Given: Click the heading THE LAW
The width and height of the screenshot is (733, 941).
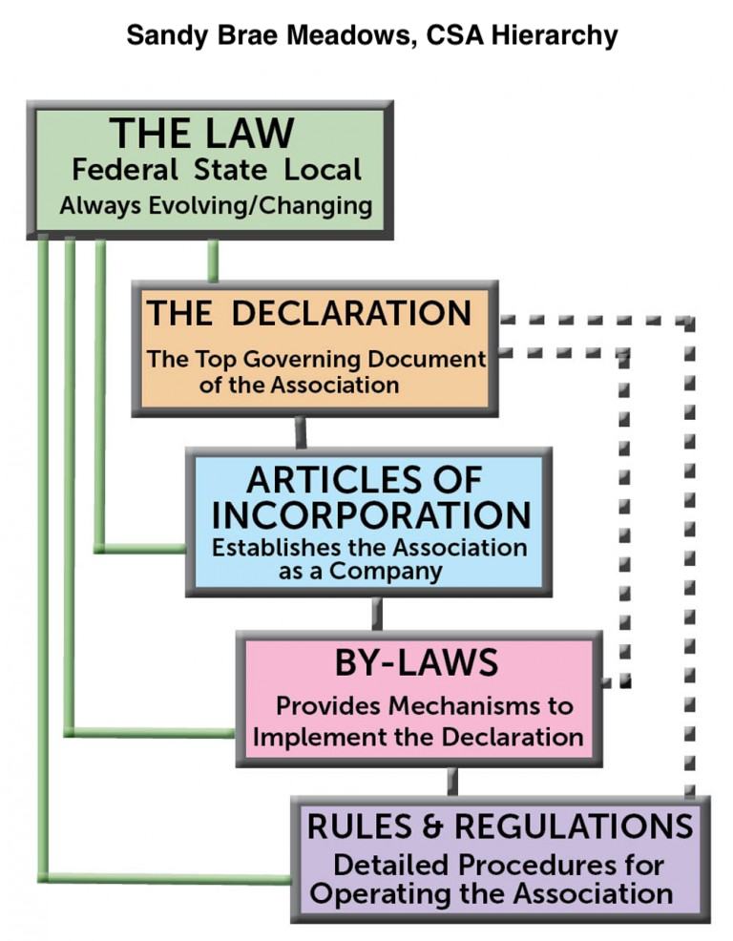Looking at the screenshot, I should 201,135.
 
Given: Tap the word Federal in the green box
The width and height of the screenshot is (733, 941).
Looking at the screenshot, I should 125,171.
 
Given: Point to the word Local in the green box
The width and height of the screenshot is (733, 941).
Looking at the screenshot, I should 323,171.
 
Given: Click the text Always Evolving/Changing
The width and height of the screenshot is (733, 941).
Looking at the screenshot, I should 216,205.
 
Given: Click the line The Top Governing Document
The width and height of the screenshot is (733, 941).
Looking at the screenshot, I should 316,361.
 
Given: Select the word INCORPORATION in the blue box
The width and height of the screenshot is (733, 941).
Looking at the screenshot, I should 371,514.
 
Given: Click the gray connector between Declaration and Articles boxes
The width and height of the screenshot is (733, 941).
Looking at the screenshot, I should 301,432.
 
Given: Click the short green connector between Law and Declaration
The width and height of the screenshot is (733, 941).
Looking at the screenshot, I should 213,261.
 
